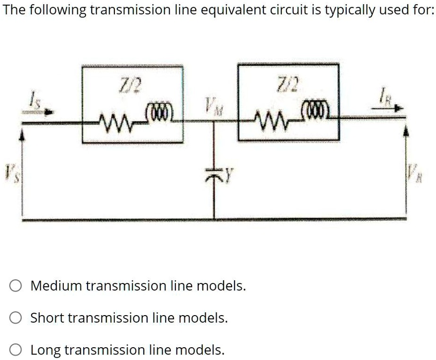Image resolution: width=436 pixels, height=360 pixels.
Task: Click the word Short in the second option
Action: (48, 318)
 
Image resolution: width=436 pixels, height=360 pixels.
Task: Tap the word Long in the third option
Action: (46, 350)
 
